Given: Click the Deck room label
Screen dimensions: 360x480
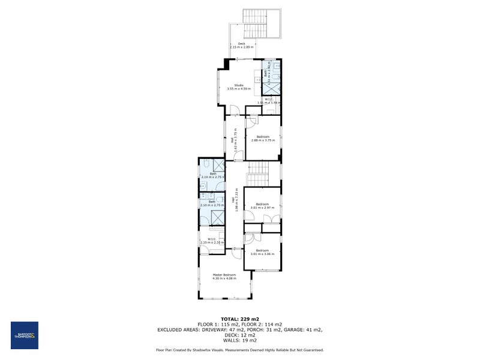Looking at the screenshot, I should (x=241, y=45).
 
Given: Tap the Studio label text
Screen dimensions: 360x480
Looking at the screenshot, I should (x=239, y=87).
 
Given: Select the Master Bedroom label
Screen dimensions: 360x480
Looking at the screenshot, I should (x=224, y=277).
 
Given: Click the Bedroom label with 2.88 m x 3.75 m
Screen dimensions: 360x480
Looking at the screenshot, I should (x=263, y=138).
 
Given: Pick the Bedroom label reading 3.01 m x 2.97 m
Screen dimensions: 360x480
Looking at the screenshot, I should (x=263, y=206).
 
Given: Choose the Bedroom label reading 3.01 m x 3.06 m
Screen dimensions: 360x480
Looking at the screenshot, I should (x=263, y=252).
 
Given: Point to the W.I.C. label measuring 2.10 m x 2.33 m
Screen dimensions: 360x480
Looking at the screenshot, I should (x=212, y=241).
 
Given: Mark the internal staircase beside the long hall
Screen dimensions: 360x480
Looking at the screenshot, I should (x=260, y=174).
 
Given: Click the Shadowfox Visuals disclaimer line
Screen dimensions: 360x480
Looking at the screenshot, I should (x=240, y=350).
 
